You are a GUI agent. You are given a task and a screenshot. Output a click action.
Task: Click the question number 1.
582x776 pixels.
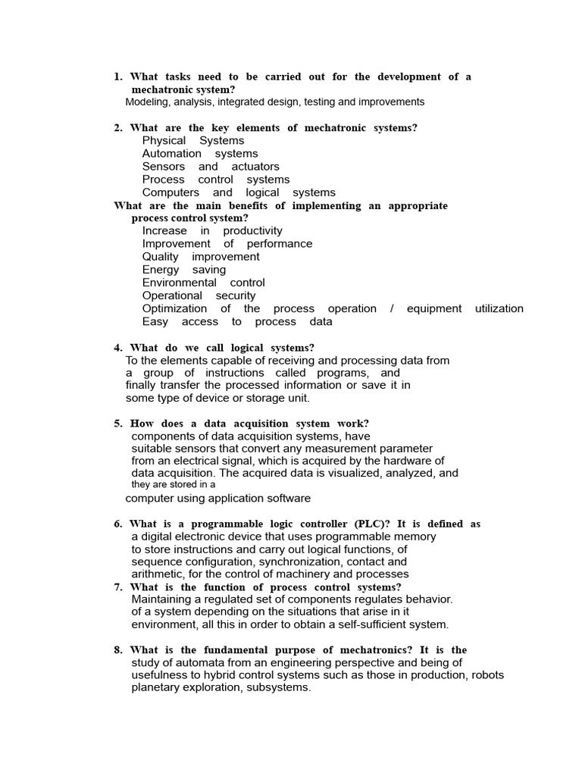click(x=118, y=77)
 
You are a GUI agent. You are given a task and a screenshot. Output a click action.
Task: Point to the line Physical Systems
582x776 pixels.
click(x=193, y=140)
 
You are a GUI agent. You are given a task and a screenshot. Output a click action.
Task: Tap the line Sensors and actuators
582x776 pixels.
click(x=211, y=166)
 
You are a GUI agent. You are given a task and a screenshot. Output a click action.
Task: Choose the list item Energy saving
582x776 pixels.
click(x=184, y=269)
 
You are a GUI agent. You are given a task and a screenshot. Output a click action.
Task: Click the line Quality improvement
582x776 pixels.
click(x=201, y=256)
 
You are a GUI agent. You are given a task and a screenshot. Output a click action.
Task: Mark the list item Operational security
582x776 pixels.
click(x=199, y=295)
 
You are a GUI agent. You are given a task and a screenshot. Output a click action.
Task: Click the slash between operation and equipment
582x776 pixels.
click(x=392, y=308)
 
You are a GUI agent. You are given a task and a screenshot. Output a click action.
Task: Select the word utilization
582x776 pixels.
click(x=499, y=308)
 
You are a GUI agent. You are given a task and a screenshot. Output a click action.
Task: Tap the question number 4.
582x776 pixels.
click(x=118, y=348)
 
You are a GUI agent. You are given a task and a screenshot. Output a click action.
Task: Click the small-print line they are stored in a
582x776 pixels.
click(x=174, y=484)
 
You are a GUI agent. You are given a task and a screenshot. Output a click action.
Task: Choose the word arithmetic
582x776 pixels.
click(x=156, y=574)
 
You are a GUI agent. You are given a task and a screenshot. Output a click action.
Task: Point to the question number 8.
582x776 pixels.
click(x=118, y=650)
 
